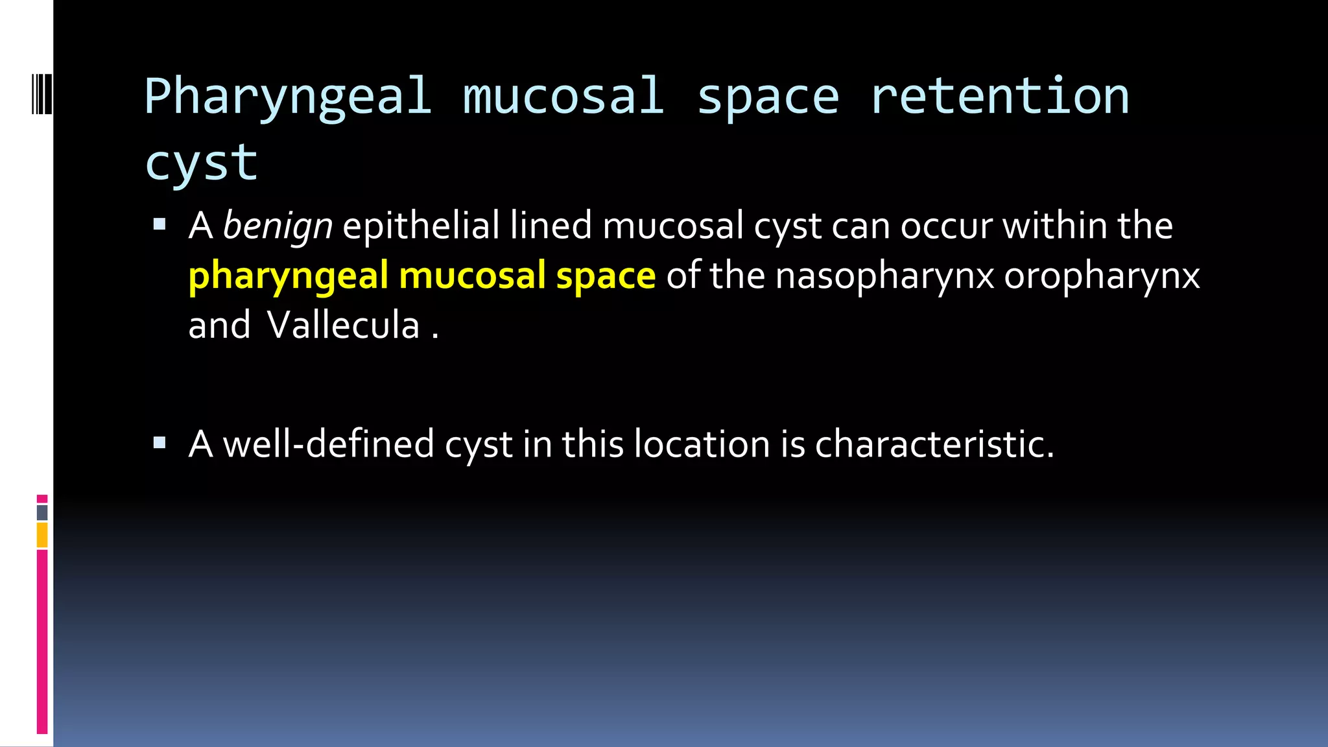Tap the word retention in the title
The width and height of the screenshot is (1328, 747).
tap(1000, 96)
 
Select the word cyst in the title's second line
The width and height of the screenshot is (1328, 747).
tap(201, 163)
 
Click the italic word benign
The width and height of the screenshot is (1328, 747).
tap(278, 226)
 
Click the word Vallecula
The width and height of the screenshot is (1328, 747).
tap(343, 325)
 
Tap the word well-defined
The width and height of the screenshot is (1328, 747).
tap(328, 444)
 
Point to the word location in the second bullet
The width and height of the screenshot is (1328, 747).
tap(702, 444)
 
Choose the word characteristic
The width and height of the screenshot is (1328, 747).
tap(934, 444)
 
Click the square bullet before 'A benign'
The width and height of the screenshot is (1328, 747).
tap(160, 226)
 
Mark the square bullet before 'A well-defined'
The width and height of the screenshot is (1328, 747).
tap(160, 444)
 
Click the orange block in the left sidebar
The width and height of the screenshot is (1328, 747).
tap(42, 536)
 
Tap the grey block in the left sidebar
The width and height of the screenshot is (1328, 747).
tap(42, 513)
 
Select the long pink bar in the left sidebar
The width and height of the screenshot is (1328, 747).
tap(42, 641)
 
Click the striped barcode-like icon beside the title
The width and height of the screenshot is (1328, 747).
tap(42, 95)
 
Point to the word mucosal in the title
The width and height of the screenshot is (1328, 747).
tap(563, 96)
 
